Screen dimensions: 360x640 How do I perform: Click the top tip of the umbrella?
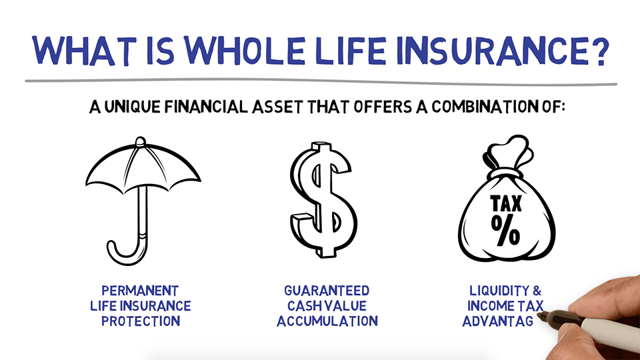click(x=140, y=141)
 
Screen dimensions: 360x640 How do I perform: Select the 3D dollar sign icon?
click(x=323, y=201)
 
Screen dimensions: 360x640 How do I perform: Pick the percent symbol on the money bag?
click(x=506, y=229)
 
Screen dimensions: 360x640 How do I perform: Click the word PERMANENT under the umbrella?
click(x=140, y=291)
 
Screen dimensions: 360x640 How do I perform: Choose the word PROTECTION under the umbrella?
click(x=140, y=321)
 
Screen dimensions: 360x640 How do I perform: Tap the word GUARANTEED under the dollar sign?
click(x=327, y=291)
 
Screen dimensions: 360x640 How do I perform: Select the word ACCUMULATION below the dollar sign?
click(x=327, y=321)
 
